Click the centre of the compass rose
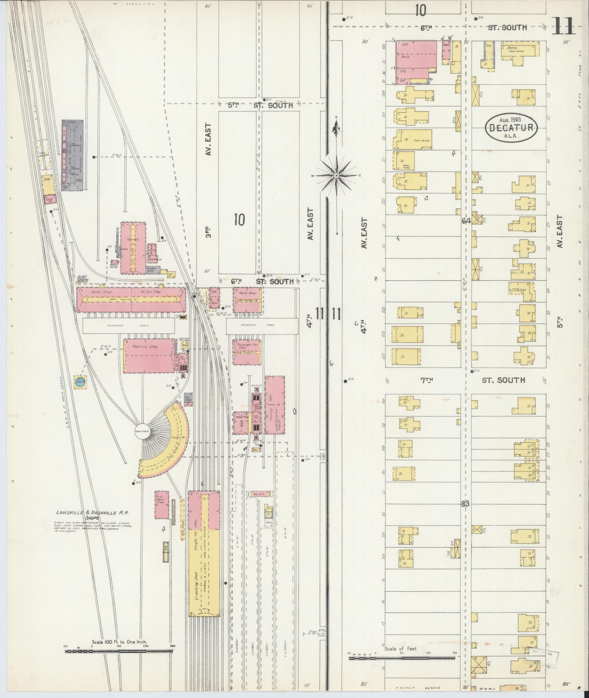pos(336,176)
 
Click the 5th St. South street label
pos(261,105)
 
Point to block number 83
pos(465,504)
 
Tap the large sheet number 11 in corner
pos(563,26)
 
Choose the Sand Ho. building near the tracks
pos(49,199)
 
